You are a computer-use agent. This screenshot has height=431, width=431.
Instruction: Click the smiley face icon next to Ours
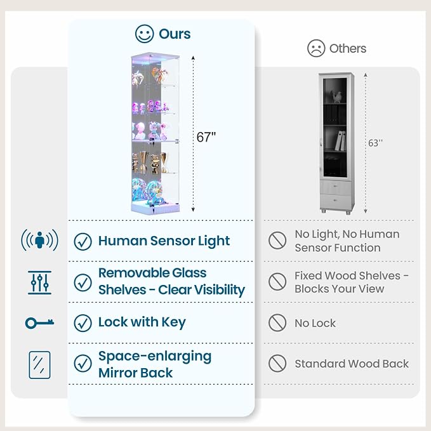(144, 34)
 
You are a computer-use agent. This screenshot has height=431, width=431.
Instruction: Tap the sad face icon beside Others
(316, 48)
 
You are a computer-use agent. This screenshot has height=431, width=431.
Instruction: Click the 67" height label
(206, 137)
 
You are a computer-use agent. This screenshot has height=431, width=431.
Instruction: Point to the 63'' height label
(375, 143)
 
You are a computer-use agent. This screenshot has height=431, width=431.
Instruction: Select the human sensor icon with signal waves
(39, 240)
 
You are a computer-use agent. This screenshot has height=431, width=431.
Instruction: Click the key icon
(39, 323)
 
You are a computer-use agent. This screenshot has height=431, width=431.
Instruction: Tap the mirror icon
(39, 365)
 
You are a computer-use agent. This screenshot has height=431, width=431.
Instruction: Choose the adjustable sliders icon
(39, 282)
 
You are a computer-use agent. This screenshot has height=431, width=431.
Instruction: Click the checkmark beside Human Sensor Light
(83, 242)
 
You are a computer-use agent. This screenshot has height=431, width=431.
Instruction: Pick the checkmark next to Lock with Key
(83, 323)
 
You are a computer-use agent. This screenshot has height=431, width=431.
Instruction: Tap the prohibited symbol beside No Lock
(277, 322)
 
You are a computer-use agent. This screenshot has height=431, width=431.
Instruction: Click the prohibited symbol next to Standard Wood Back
(277, 363)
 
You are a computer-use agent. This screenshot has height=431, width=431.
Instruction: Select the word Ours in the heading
(175, 34)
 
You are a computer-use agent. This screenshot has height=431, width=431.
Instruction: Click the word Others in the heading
(348, 49)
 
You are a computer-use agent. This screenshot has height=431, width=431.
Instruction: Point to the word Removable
(134, 273)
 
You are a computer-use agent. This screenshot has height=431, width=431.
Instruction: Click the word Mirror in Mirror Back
(121, 373)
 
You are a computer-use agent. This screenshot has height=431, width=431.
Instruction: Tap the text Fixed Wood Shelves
(347, 275)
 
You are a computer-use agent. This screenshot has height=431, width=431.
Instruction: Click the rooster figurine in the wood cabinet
(336, 96)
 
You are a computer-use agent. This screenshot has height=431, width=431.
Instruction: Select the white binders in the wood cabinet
(340, 140)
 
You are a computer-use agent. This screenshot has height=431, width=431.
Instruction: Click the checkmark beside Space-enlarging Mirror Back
(83, 363)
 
